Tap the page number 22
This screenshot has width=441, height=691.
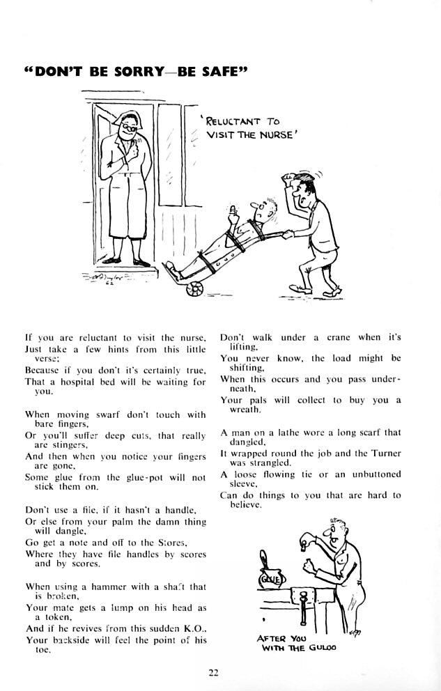point(213,671)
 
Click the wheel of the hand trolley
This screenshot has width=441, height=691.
point(190,288)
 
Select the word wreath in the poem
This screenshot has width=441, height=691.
point(242,410)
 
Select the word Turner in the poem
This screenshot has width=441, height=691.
point(385,452)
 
